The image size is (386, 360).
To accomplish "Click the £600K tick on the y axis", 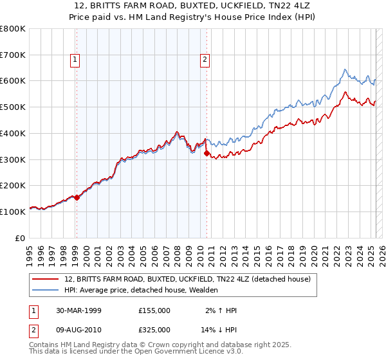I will [x=13, y=81].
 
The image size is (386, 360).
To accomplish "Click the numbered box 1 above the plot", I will [x=75, y=60].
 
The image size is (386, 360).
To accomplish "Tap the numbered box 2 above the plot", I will [x=205, y=60].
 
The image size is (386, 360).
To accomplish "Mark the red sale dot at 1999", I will [x=77, y=197].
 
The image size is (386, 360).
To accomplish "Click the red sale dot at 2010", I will [x=207, y=154].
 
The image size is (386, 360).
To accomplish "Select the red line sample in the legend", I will [x=46, y=279].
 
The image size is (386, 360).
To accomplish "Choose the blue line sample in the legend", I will [x=46, y=290].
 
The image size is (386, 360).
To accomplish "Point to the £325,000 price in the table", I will [x=154, y=329].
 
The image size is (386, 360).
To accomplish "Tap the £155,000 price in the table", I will [x=154, y=310].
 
